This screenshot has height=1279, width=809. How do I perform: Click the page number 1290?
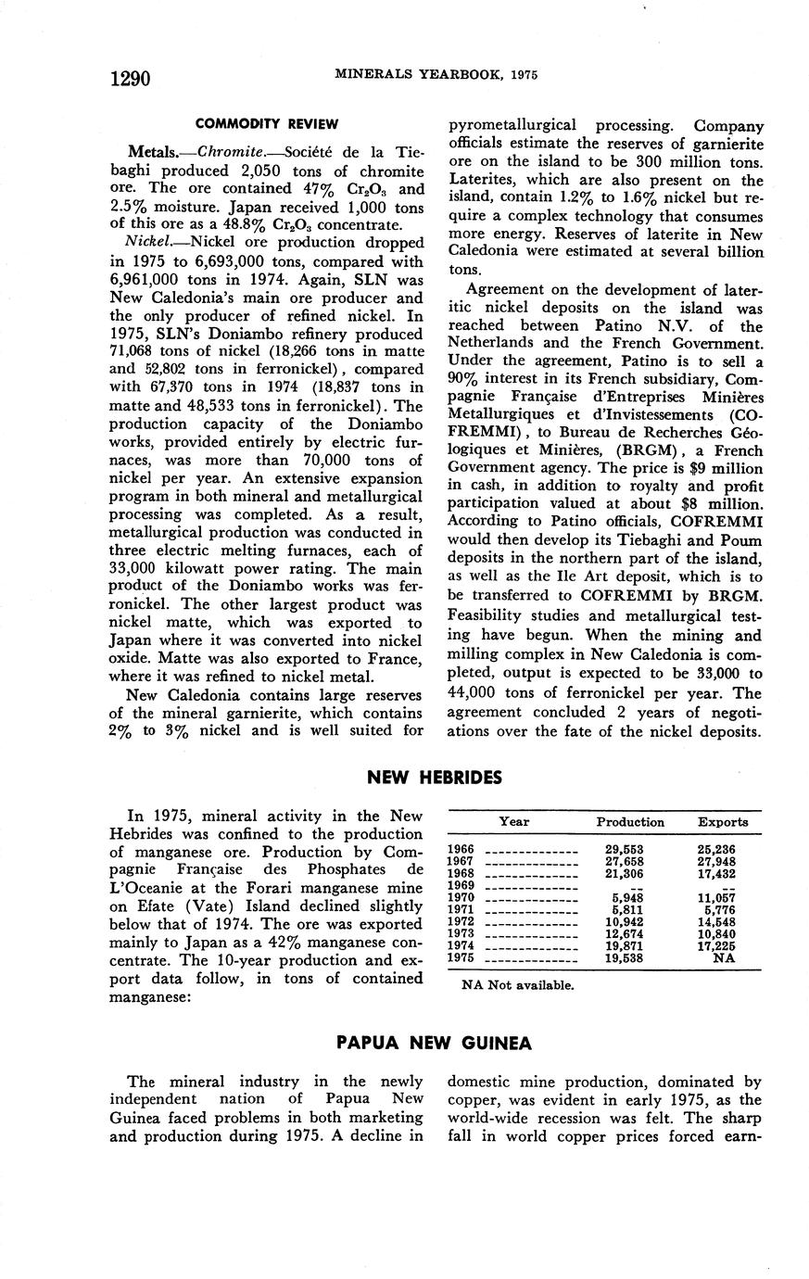(x=130, y=78)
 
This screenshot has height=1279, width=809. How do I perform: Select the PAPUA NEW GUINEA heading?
(x=434, y=1043)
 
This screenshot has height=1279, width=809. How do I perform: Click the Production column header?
(x=630, y=821)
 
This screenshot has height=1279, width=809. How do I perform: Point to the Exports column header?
(x=723, y=821)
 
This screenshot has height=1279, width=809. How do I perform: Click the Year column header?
(x=514, y=821)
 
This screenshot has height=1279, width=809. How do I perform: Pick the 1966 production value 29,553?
(x=624, y=848)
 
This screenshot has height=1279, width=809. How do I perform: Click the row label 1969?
(x=461, y=885)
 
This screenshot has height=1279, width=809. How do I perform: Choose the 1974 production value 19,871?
(x=624, y=945)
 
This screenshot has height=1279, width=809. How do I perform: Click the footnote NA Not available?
(x=517, y=984)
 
